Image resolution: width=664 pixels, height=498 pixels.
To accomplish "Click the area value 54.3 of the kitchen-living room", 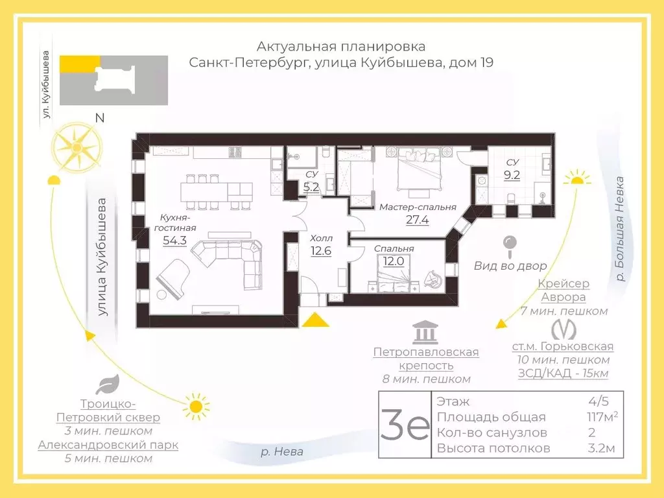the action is tap(175, 241).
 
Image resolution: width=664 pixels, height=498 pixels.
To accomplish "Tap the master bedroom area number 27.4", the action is tap(417, 220).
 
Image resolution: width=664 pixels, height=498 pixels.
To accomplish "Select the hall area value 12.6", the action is tap(320, 251).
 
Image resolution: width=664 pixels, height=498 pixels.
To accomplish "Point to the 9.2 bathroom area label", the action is tap(512, 174).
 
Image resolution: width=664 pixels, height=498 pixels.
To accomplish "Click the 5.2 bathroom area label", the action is tap(311, 187).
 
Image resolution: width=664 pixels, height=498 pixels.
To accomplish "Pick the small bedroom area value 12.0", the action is tap(394, 261).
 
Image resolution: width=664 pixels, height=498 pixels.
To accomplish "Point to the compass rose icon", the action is tap(77, 147).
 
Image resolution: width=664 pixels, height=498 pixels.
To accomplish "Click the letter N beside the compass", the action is tap(100, 117).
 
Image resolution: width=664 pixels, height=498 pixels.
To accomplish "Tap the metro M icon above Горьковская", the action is tap(563, 329).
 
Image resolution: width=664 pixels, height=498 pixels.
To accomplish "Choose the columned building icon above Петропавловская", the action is tap(425, 333).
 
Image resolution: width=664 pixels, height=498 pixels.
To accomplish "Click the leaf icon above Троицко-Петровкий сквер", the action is tap(108, 385).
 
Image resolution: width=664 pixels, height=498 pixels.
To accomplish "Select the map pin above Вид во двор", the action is tap(510, 246).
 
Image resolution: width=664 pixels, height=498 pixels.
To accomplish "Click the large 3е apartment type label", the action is tap(405, 425).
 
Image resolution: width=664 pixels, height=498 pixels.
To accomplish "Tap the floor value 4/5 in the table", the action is tap(599, 401).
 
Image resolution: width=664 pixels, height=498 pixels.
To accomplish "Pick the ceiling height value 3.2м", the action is tap(601, 447).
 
